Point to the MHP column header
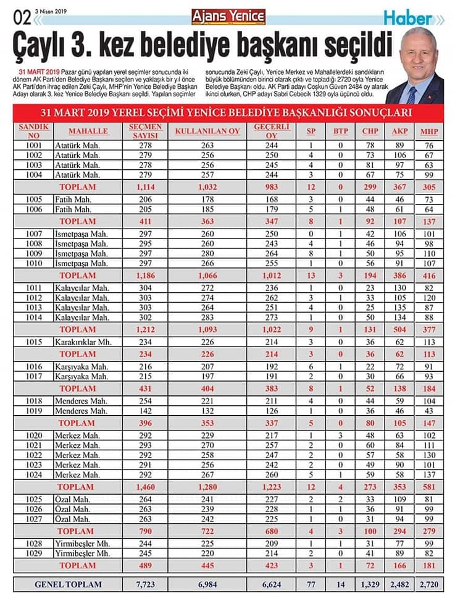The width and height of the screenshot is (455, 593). pos(428,131)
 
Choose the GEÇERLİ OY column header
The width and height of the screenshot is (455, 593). pos(267,131)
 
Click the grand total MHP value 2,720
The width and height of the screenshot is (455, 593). pos(428,584)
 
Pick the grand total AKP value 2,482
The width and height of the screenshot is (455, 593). pos(399,584)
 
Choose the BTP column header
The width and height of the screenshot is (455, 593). pos(340,131)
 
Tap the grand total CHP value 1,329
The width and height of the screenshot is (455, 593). pos(370,584)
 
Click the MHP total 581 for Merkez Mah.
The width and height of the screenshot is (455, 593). pos(428,487)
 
